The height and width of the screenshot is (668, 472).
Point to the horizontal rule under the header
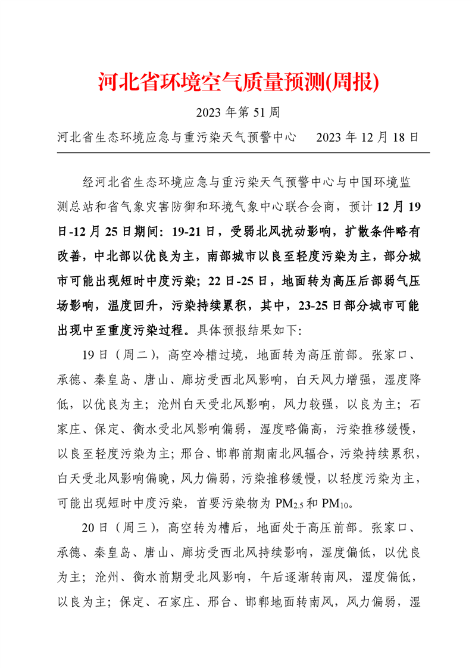[x=243, y=153]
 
